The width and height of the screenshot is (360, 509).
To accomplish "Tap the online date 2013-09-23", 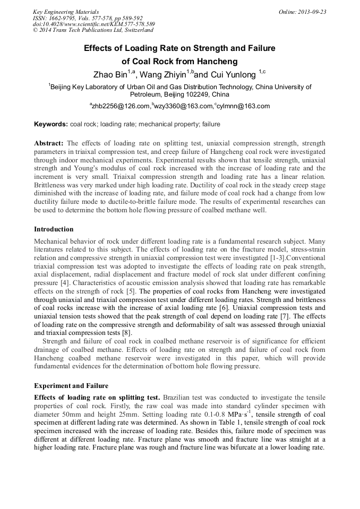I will [x=310, y=11].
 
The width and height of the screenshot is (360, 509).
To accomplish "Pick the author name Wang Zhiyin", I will [x=162, y=75].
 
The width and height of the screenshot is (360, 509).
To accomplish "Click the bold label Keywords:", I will [x=51, y=124].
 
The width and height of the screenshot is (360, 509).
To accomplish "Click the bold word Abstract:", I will [x=49, y=143].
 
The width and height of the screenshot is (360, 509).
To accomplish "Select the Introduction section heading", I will [x=54, y=229].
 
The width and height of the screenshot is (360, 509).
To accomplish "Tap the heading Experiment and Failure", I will [x=72, y=385].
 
